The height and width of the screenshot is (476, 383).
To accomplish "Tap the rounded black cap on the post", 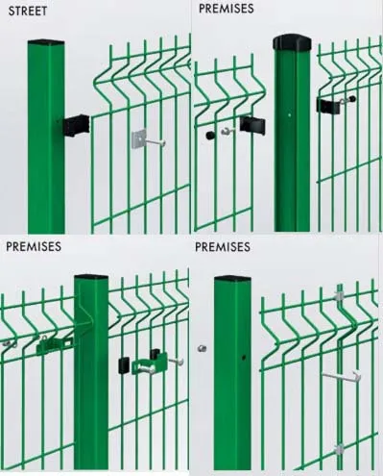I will [292, 42].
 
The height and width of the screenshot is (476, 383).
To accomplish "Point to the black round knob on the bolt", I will [209, 136].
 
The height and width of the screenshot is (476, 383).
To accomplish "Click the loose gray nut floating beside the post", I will [202, 348].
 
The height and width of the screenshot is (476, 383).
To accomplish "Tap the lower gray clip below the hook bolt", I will [338, 448].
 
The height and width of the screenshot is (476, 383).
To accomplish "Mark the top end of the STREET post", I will [46, 42].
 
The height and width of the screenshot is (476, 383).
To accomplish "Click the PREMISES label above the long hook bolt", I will [223, 247].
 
